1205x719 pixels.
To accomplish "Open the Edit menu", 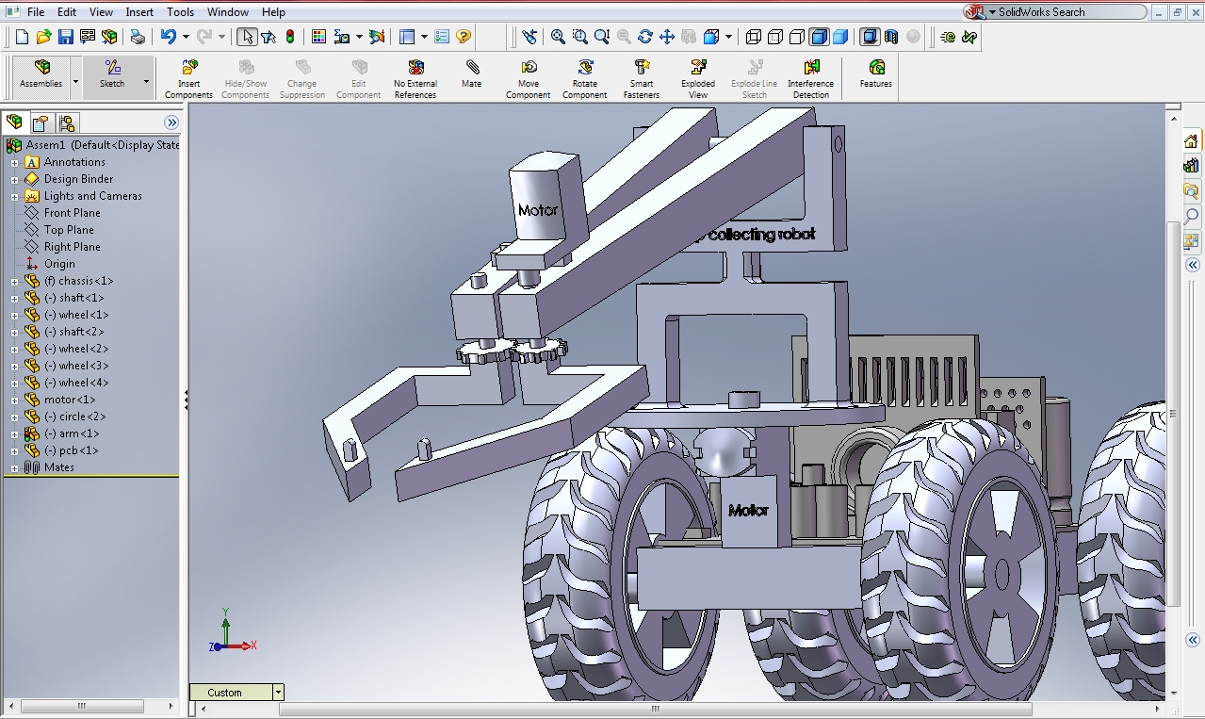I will click(x=67, y=12).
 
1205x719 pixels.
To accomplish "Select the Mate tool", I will click(x=471, y=74).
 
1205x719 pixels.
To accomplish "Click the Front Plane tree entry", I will click(x=72, y=213).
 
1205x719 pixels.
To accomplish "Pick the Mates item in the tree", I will click(x=58, y=467).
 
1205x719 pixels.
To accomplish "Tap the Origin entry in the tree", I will click(x=59, y=264).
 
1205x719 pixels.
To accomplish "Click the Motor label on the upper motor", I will click(x=537, y=210).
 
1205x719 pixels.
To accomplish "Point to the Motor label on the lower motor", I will click(x=748, y=511).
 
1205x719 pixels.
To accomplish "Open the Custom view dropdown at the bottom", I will click(x=278, y=693).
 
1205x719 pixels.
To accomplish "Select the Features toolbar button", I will click(x=875, y=74).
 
